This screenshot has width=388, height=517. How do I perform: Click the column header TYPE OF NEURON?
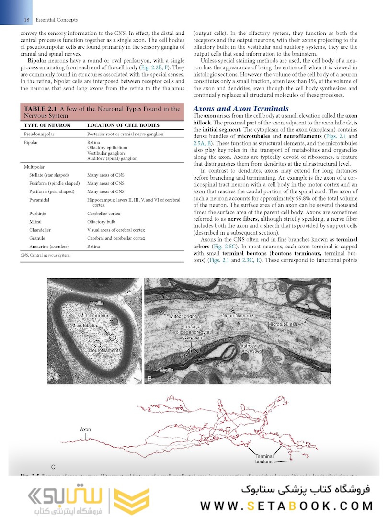[x=47, y=125]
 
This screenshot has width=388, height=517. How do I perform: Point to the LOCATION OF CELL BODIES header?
[x=123, y=125]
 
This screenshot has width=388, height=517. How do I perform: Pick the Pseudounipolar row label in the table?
[x=39, y=135]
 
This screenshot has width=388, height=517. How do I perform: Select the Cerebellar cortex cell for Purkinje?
[x=103, y=214]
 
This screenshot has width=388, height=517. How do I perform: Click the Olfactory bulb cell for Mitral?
[x=101, y=222]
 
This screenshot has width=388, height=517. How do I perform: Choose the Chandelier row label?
[x=40, y=230]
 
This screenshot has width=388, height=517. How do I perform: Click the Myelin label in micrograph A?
[x=98, y=303]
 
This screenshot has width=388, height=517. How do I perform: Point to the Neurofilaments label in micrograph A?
[x=104, y=351]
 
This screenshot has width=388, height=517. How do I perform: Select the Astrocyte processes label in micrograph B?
[x=251, y=348]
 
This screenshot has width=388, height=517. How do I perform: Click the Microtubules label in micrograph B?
[x=281, y=324]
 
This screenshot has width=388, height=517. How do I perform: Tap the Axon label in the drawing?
[x=85, y=430]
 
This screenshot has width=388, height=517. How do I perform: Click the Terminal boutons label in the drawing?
[x=264, y=459]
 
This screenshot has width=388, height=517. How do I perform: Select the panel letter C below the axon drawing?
[x=53, y=466]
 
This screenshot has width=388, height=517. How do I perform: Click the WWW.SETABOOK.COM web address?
[x=286, y=506]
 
